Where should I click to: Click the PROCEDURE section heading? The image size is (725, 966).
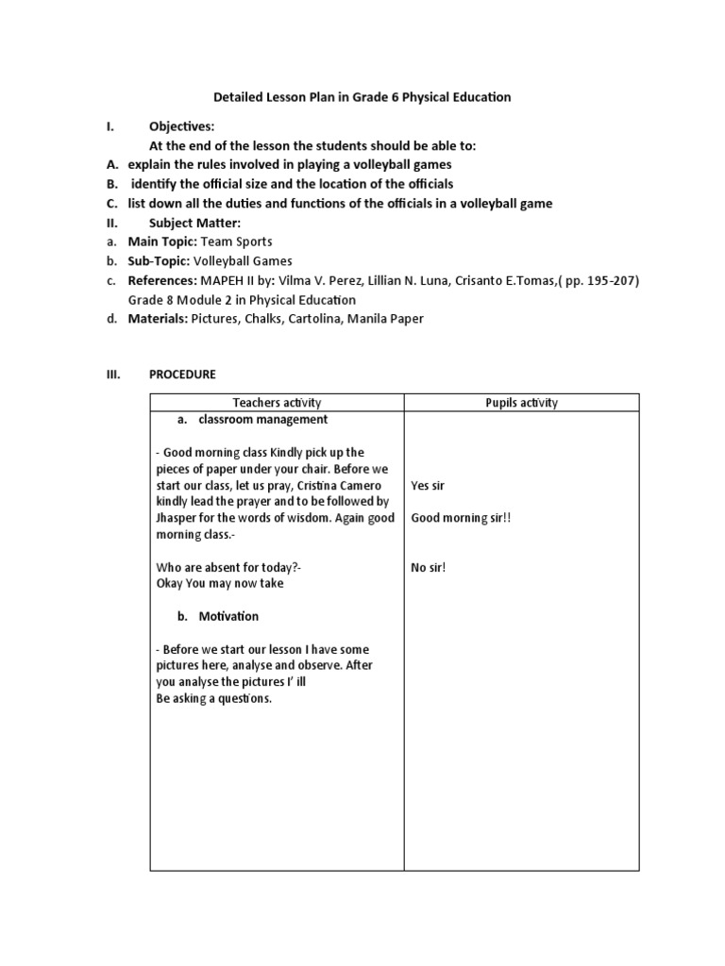pyautogui.click(x=182, y=375)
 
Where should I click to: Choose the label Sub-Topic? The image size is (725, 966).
pyautogui.click(x=159, y=261)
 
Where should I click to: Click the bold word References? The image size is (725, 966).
pyautogui.click(x=161, y=280)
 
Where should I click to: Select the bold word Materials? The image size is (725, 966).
pyautogui.click(x=158, y=319)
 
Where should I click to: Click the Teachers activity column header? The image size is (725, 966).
pyautogui.click(x=277, y=403)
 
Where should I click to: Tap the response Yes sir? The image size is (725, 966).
pyautogui.click(x=428, y=486)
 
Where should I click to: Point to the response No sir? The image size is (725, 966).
pyautogui.click(x=428, y=567)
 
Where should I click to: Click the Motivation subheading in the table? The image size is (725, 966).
pyautogui.click(x=228, y=616)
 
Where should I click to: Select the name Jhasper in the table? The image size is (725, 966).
pyautogui.click(x=178, y=518)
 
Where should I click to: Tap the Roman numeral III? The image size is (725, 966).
pyautogui.click(x=111, y=375)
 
